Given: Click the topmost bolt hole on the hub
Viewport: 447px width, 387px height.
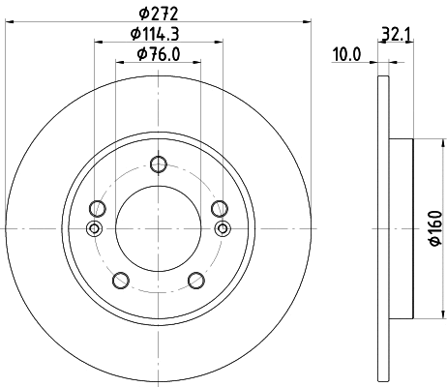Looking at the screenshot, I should [x=159, y=164].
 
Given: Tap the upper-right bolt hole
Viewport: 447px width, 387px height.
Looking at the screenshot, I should [x=220, y=208].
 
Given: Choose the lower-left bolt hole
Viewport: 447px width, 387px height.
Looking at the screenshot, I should [x=121, y=280].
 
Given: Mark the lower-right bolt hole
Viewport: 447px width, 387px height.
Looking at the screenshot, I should [x=196, y=280].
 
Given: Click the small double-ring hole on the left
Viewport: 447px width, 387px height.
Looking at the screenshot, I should [x=94, y=228].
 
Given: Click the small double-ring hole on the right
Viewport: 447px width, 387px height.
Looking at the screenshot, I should [x=223, y=228].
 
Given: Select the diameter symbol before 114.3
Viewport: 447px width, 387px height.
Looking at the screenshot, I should [x=136, y=35].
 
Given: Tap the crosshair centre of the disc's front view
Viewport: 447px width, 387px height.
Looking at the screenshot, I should [x=159, y=228].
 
